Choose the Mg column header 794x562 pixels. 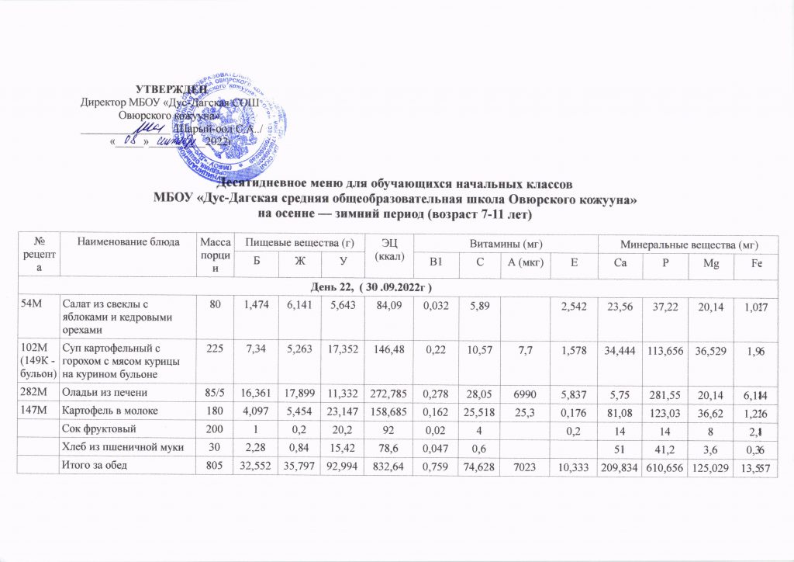click(x=711, y=265)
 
